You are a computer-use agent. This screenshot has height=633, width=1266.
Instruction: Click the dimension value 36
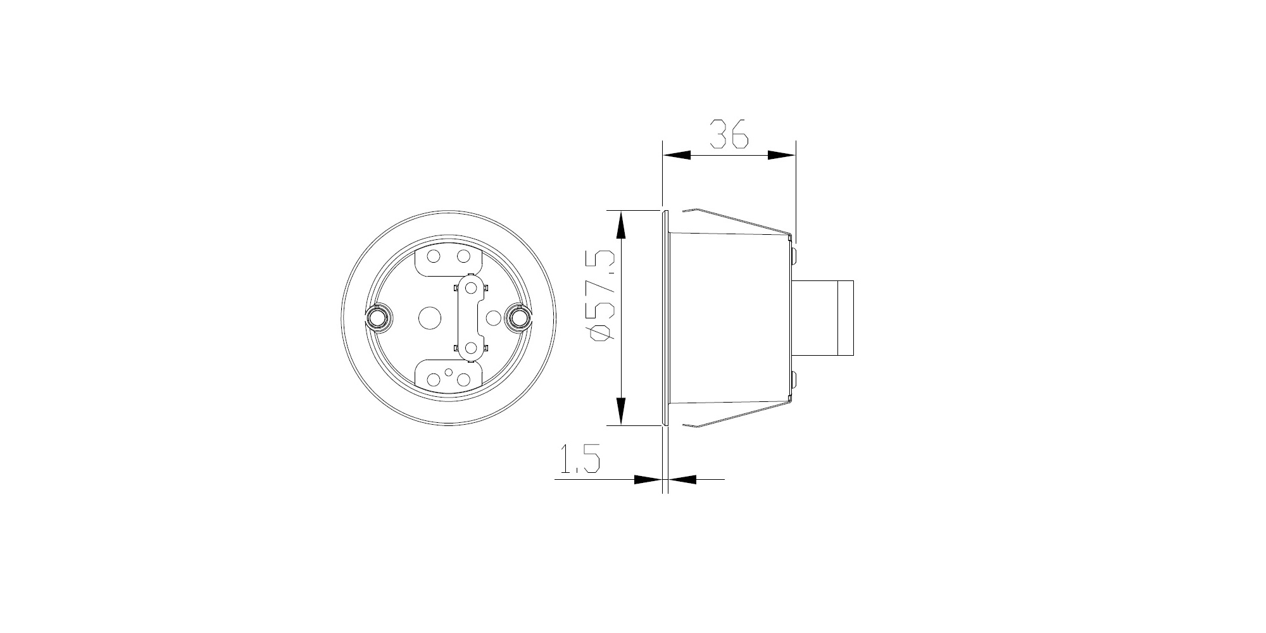click(x=729, y=134)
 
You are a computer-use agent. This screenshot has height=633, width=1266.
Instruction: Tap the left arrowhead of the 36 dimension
click(x=676, y=155)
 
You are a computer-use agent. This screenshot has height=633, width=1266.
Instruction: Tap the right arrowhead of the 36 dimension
click(x=781, y=155)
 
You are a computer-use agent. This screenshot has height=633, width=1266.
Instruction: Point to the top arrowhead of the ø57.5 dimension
click(x=621, y=225)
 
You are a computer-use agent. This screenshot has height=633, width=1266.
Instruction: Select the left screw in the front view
click(x=379, y=317)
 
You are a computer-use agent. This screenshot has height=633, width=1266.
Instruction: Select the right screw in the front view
click(x=518, y=317)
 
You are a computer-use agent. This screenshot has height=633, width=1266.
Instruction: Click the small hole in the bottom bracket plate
click(x=449, y=373)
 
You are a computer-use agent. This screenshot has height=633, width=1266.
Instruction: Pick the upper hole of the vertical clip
click(x=470, y=288)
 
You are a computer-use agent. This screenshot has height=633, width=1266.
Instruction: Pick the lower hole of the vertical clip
click(x=470, y=347)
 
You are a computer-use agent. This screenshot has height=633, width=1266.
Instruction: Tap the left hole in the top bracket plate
click(x=434, y=256)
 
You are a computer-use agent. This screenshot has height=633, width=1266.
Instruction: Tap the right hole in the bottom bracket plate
click(x=463, y=380)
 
